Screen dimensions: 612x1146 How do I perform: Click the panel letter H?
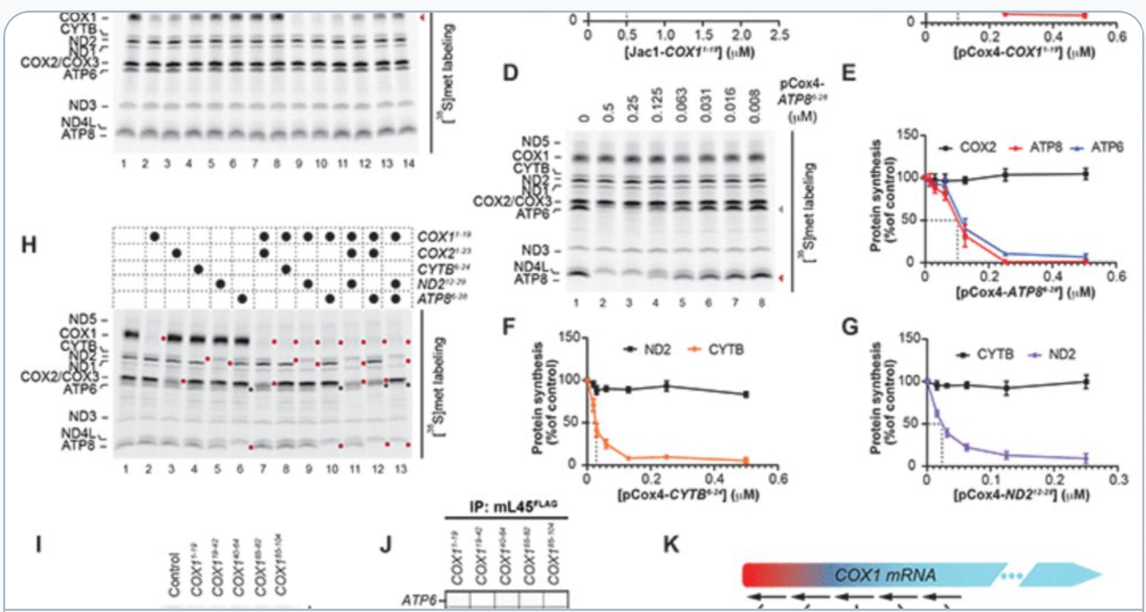coord(29,245)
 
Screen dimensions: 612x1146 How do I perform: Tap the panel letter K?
coord(671,543)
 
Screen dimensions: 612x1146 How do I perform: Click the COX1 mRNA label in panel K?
coord(885,575)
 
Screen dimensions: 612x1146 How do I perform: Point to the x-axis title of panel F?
coord(688,494)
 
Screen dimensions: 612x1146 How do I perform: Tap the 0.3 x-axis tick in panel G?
coord(1117,480)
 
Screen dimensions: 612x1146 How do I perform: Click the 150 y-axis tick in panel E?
coord(910,135)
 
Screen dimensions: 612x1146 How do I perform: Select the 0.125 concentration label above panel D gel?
coord(657,104)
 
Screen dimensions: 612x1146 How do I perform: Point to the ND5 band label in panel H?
coord(83,319)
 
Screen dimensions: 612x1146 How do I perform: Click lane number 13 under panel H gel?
coord(401,469)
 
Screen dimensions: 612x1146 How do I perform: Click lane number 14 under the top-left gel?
coord(408,164)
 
